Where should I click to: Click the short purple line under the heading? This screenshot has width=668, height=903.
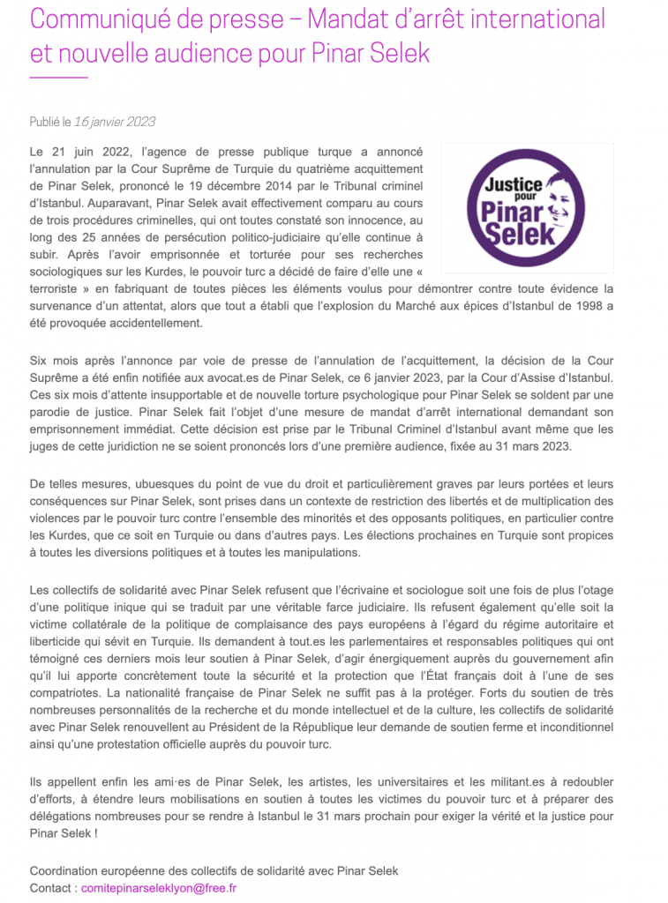tap(58, 78)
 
